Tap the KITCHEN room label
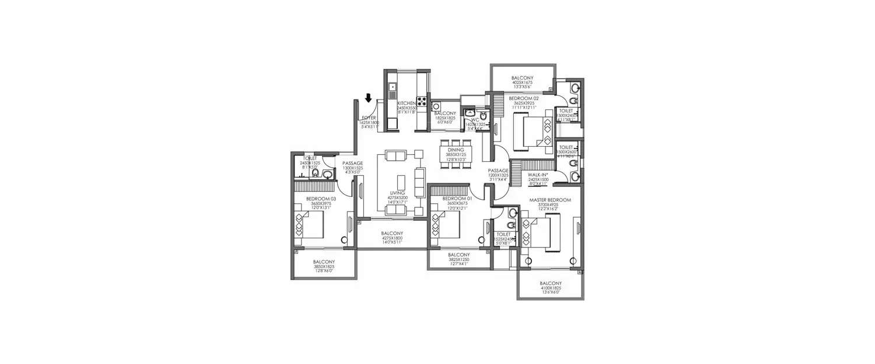tap(406, 103)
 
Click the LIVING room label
tap(400, 192)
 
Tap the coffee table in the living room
tap(401, 180)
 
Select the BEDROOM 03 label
tap(318, 199)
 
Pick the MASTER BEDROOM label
tap(550, 200)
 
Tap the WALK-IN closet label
tap(538, 174)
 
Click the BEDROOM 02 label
tap(523, 98)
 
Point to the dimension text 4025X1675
tap(522, 83)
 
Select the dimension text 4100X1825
tap(550, 288)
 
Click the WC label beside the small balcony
tap(475, 119)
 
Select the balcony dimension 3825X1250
tap(459, 260)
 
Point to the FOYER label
tap(369, 118)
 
